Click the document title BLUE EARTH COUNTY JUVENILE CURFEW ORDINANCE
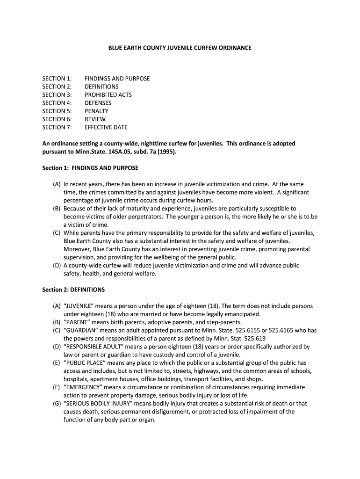(x=180, y=48)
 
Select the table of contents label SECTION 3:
(x=57, y=95)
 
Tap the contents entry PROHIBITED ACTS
(x=108, y=95)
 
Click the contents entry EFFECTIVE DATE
(x=106, y=127)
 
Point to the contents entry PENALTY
(x=96, y=111)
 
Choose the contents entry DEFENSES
(x=98, y=103)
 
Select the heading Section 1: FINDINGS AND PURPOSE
(x=90, y=168)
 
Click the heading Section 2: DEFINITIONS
(x=73, y=290)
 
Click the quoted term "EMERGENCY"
(x=83, y=387)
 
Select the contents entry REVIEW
(x=95, y=119)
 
